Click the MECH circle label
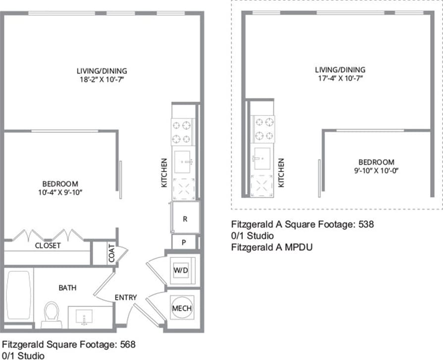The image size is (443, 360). tap(181, 308)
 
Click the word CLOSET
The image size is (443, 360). tap(48, 245)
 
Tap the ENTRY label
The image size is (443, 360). tap(126, 297)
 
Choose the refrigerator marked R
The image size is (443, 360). tap(185, 219)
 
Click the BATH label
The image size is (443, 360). tap(67, 287)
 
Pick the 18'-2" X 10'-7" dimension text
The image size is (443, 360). tap(101, 79)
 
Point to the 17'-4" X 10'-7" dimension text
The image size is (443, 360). tap(340, 79)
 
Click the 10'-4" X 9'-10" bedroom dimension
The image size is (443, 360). tap(59, 191)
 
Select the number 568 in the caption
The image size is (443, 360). tap(127, 344)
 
